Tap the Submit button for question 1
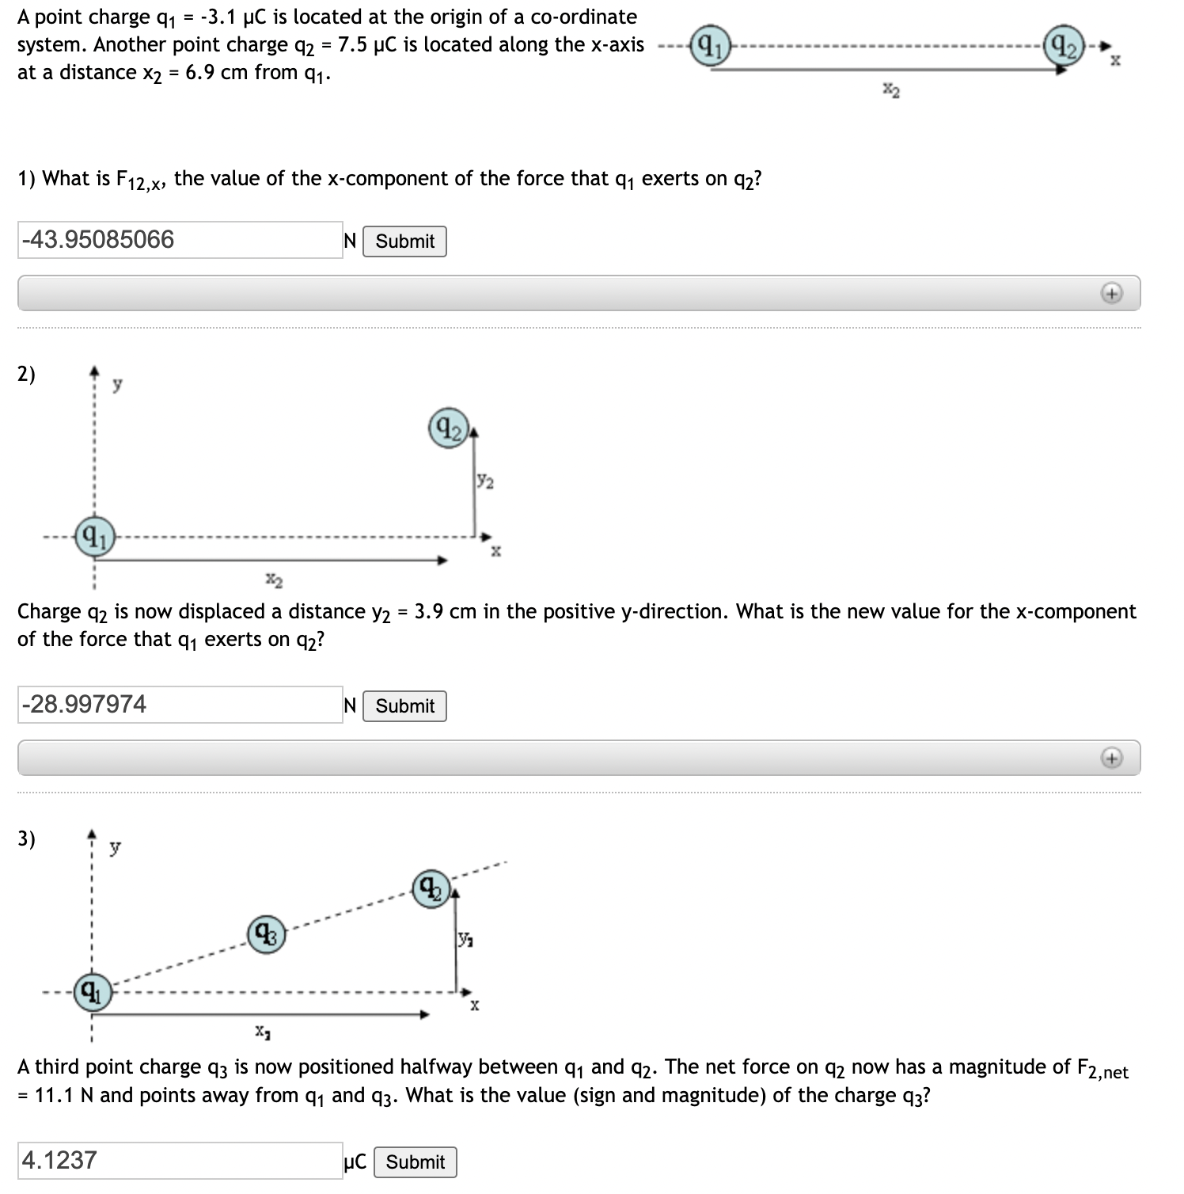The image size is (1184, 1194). coord(404,241)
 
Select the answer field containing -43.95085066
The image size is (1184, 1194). coord(180,240)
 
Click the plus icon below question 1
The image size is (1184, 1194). coord(1112,294)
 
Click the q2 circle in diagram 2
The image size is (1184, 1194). coord(449,428)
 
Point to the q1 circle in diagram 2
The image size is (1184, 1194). coord(94,538)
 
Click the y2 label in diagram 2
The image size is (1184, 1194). coord(485,481)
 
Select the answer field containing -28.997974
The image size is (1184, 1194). coord(180,705)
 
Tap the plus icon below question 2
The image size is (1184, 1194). coord(1112,759)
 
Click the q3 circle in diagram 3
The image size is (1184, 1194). coord(267,935)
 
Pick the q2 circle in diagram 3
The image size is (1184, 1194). coord(431,889)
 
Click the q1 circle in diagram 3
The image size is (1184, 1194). coord(93,992)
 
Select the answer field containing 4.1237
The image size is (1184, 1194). coord(180,1161)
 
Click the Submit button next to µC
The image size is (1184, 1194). coord(415,1162)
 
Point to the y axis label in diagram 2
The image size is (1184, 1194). coord(117,386)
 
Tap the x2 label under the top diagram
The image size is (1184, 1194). coord(891,91)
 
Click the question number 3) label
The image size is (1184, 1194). coord(26,838)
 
